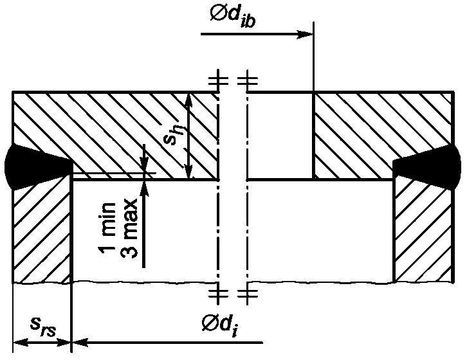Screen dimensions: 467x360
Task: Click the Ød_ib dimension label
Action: coord(233,16)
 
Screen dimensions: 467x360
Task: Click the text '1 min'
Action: coord(109,228)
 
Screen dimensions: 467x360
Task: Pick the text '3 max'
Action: coord(129,228)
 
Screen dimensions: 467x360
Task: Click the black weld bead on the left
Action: coord(37,166)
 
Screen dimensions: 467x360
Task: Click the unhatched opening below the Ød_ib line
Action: coord(280,136)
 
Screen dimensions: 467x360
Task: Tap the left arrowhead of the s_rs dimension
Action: coord(21,343)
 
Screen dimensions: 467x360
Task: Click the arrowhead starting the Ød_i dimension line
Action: coord(80,343)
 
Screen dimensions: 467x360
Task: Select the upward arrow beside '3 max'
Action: coord(144,223)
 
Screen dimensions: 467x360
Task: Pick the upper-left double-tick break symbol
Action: coord(218,80)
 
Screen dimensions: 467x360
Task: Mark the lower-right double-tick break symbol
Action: coord(248,294)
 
